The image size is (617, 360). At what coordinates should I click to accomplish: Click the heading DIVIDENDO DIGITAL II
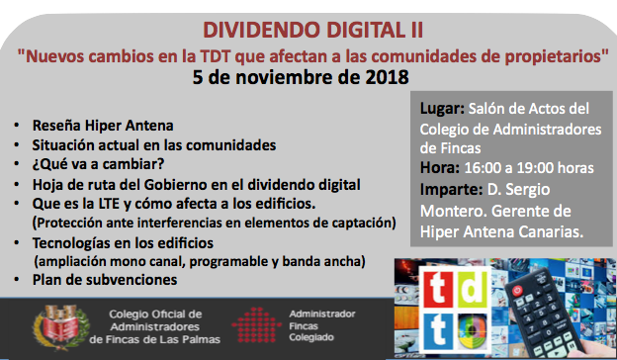point(312,30)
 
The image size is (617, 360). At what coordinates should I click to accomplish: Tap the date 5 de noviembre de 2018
point(301,77)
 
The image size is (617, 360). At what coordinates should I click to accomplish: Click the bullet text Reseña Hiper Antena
point(103,126)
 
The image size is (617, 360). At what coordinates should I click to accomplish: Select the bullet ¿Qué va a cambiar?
point(98,164)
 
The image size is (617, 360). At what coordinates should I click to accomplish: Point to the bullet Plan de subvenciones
point(105,280)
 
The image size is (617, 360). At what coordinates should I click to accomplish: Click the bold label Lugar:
point(442,109)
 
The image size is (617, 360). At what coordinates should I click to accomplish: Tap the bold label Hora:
point(440,168)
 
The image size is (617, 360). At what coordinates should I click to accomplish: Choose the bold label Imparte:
point(451,190)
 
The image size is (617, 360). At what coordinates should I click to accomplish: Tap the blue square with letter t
point(438,331)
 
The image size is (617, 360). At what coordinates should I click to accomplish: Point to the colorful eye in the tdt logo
point(473,331)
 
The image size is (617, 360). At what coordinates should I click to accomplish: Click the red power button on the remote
point(517,291)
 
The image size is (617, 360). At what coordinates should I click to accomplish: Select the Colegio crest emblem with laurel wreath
point(61,327)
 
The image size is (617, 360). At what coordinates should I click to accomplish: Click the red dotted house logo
point(256,325)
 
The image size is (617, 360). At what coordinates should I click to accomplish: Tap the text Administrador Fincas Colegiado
point(322,325)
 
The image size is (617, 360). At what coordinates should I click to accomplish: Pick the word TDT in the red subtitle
point(216,56)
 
